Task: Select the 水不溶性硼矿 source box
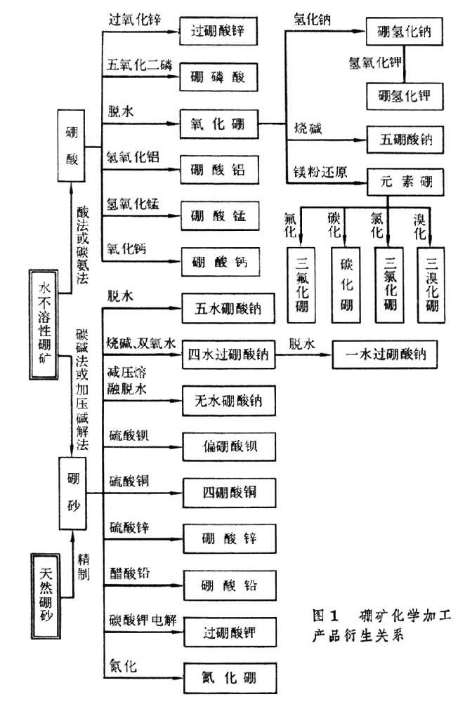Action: (44, 319)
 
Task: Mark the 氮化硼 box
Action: (218, 678)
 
